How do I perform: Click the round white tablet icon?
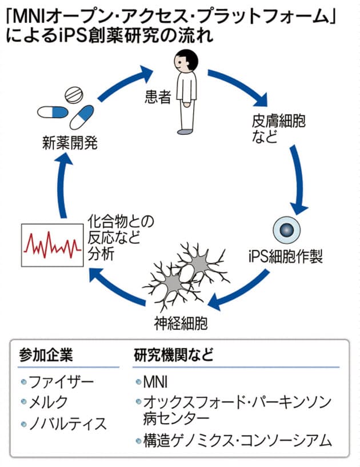(74, 94)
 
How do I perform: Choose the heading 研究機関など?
(174, 355)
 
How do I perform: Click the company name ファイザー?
(61, 381)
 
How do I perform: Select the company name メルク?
(51, 402)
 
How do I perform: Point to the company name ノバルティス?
(67, 424)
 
